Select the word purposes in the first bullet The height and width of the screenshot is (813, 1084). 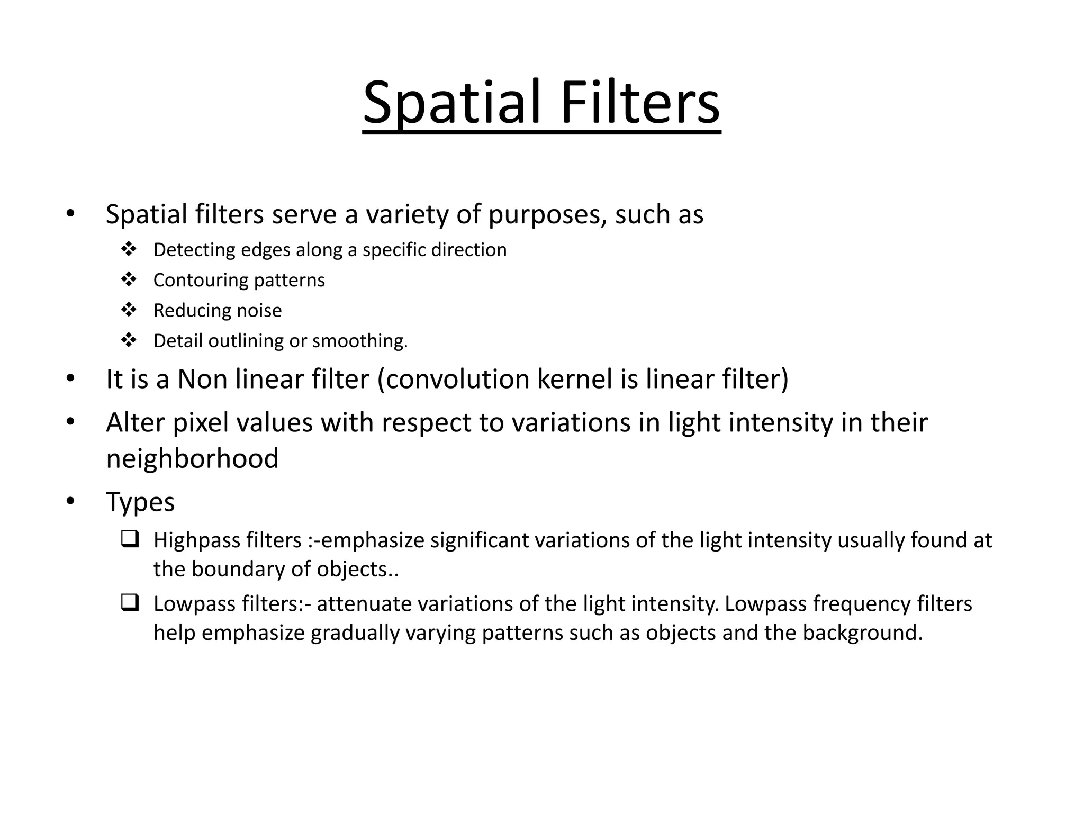[x=547, y=215]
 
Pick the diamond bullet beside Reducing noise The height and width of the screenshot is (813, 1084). [x=129, y=310]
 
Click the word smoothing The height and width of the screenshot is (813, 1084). [x=359, y=341]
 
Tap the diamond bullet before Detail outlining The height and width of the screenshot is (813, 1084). [x=129, y=340]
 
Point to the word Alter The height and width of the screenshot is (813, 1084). [x=135, y=423]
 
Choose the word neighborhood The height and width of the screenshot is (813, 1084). [x=192, y=458]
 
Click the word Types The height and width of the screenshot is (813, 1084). [x=140, y=502]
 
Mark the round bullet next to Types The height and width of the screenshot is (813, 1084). [x=71, y=501]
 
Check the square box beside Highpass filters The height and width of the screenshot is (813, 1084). [x=129, y=539]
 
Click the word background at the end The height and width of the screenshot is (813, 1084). [x=862, y=633]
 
